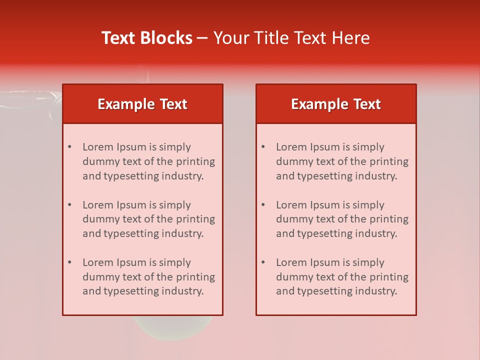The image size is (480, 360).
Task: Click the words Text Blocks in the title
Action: pos(147,38)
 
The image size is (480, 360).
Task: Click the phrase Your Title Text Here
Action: pos(291,38)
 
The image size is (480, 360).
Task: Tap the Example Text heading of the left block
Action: pos(142,104)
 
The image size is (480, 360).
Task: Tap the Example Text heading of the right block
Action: pos(336,104)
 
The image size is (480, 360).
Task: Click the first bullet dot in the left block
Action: pos(70,147)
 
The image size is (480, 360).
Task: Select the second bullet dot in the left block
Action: pos(70,205)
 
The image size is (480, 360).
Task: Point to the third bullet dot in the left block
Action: pos(70,262)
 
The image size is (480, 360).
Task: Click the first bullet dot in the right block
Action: pos(263,147)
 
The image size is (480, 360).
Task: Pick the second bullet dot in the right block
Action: pos(263,205)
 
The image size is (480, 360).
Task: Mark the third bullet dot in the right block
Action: pos(263,262)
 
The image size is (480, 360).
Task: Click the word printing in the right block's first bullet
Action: pos(389,161)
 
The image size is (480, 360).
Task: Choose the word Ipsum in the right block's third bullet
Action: pos(326,262)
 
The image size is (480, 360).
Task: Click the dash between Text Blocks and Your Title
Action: pos(202,38)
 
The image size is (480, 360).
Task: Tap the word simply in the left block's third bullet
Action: pos(174,262)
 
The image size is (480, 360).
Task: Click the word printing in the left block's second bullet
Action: pos(196,219)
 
